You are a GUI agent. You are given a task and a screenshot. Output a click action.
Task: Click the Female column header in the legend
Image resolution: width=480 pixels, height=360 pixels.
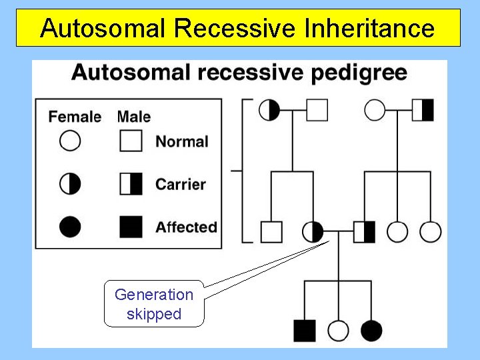click(75, 117)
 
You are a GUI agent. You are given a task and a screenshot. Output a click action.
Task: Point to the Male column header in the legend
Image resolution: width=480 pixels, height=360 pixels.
click(133, 117)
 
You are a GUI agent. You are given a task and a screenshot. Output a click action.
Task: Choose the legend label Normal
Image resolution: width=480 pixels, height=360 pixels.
click(182, 141)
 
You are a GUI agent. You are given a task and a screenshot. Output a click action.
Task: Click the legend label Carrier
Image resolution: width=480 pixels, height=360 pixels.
click(181, 184)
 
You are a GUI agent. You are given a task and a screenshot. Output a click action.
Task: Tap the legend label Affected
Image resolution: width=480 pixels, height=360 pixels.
click(186, 227)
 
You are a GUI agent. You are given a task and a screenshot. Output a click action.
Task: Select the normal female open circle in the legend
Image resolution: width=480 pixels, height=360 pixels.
click(70, 141)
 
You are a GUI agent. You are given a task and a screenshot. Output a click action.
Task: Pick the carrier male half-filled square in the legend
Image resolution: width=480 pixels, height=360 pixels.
click(131, 184)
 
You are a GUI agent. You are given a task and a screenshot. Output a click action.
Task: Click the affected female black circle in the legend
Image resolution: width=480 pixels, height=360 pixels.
click(70, 227)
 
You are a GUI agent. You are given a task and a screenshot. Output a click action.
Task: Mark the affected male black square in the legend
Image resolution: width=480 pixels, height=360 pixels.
click(131, 227)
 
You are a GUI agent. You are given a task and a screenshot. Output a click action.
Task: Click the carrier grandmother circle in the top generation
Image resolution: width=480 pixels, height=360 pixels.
click(269, 110)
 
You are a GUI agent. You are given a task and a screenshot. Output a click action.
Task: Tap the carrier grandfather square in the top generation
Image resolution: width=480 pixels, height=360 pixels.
click(423, 110)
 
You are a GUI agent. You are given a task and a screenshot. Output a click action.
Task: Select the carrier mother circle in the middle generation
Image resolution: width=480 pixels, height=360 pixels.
click(313, 232)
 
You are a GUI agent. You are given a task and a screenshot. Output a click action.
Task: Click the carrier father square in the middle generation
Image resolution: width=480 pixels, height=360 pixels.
click(365, 232)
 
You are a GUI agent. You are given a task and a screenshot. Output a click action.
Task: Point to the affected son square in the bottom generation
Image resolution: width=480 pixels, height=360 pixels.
click(305, 330)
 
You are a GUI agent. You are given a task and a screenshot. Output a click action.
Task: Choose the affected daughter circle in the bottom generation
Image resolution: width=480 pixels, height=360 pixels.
click(371, 330)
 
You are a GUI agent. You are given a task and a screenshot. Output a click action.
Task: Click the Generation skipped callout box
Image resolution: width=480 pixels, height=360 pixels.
click(153, 304)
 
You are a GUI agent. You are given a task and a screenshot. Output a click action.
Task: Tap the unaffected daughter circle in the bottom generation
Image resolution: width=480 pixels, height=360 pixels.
click(339, 330)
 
